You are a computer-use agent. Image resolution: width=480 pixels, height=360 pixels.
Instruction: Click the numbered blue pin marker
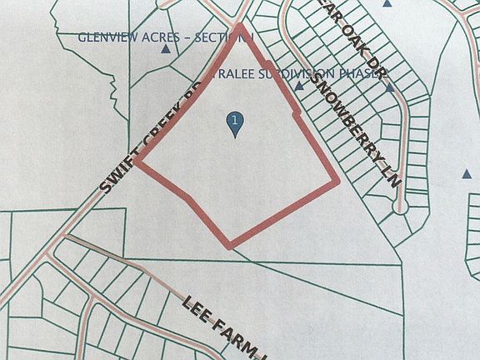[x=236, y=122]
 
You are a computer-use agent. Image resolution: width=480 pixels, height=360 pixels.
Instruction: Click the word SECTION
[x=222, y=37]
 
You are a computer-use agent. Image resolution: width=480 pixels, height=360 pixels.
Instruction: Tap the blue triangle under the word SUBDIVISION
[x=297, y=85]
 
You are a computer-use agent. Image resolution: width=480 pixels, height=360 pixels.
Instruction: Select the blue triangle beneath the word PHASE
[x=388, y=85]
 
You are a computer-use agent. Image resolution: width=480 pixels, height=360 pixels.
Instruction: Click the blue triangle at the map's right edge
[x=466, y=175]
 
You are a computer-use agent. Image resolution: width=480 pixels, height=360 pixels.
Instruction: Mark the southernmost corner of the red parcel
[x=231, y=246]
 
